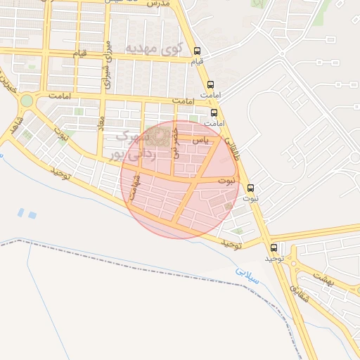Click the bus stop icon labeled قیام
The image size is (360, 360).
(198, 51)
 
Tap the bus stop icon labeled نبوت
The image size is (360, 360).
(251, 188)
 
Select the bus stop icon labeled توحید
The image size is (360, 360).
(274, 247)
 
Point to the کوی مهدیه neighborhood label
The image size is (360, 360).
(153, 48)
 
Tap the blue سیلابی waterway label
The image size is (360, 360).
(247, 274)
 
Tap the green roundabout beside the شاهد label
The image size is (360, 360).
(26, 101)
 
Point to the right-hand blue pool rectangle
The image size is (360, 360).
(32, 212)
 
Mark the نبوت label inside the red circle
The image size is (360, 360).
(226, 181)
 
